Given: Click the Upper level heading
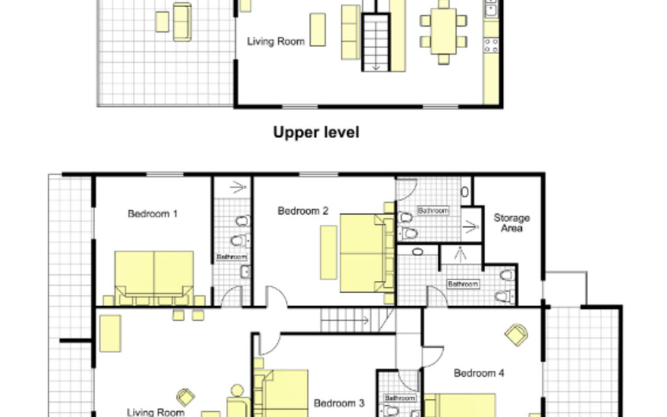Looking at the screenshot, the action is (x=316, y=132).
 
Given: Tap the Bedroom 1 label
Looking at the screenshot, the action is (x=152, y=214).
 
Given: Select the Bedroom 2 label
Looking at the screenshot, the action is (x=303, y=210).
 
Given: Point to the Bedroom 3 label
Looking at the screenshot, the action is (x=339, y=403).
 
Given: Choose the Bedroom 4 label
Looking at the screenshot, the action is (x=479, y=373).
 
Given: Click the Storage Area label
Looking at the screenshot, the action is (x=511, y=223).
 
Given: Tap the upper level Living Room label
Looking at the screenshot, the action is (x=276, y=41).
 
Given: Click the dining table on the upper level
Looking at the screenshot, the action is (x=443, y=31).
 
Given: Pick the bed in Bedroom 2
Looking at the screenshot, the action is (x=367, y=253).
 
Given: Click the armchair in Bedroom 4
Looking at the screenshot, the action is (x=517, y=335).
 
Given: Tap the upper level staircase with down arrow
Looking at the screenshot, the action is (x=376, y=42).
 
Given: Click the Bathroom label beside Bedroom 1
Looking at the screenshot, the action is (x=231, y=257).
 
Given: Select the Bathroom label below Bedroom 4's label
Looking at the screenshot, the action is (x=400, y=398).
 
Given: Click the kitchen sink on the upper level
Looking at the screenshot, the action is (x=491, y=8).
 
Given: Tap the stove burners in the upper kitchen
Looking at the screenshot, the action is (x=491, y=46).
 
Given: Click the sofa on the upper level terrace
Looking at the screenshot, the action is (x=182, y=22).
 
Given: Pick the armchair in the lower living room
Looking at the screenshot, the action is (x=186, y=397).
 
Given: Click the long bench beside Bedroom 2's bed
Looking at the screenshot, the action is (x=328, y=252).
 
